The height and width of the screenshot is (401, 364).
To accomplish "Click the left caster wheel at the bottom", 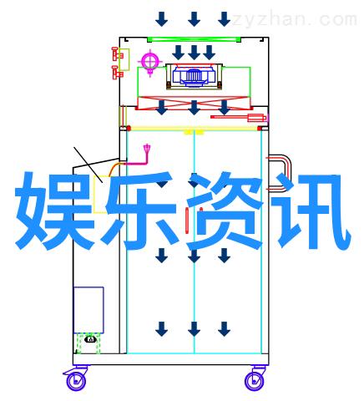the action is click(x=76, y=381).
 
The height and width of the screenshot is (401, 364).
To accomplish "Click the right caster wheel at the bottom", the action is click(x=255, y=381).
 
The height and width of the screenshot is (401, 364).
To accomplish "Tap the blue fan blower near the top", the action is click(x=194, y=75).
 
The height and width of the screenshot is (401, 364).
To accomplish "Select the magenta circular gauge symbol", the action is click(x=150, y=61).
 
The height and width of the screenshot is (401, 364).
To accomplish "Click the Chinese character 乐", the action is click(x=141, y=211).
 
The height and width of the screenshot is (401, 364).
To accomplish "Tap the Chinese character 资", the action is click(x=225, y=211).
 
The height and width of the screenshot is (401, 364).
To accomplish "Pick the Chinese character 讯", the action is click(x=311, y=211).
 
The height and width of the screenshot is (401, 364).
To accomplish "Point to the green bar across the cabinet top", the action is click(x=194, y=39).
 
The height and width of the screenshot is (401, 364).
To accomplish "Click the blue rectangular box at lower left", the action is click(x=88, y=310).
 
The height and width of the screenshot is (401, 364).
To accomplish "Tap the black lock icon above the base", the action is click(x=90, y=339).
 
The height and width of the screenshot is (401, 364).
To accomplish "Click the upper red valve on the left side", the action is click(x=117, y=54).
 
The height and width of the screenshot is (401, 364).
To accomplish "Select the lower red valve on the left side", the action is click(x=117, y=73).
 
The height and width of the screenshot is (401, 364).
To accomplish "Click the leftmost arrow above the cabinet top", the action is click(x=162, y=19).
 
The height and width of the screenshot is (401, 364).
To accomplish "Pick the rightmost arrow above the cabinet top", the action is click(x=225, y=19).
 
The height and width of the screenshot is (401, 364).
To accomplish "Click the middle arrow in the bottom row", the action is click(x=194, y=329).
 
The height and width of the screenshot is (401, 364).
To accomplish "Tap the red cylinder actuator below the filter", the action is click(x=239, y=118).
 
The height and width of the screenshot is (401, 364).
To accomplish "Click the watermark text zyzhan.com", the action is click(x=294, y=20).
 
